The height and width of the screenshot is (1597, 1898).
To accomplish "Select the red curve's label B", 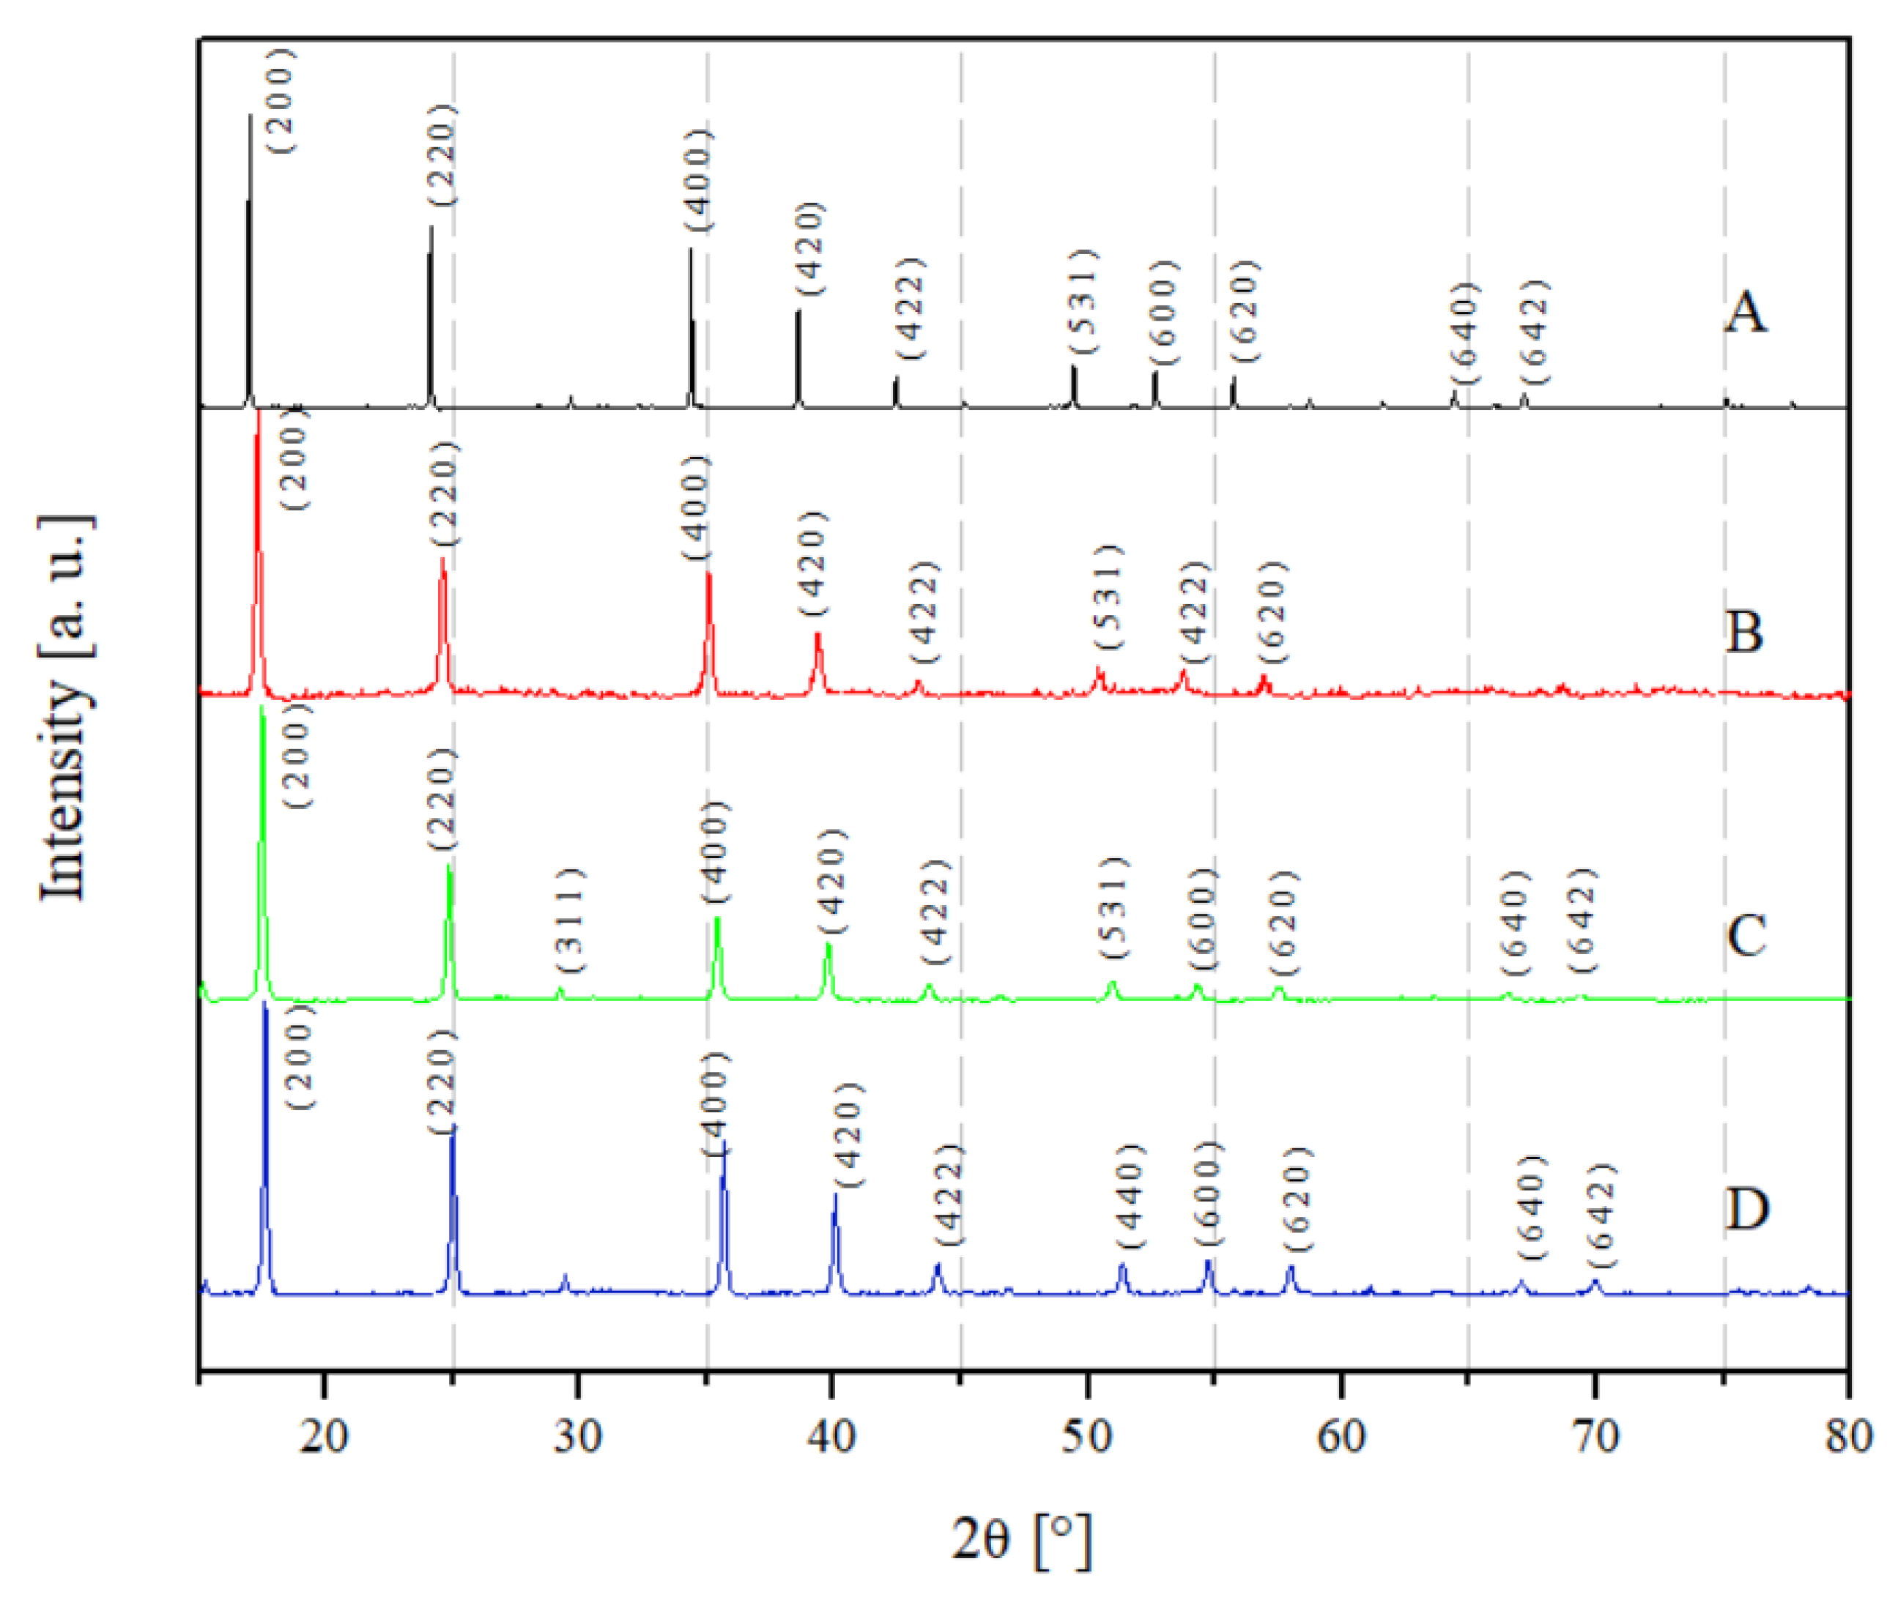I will click(1744, 631).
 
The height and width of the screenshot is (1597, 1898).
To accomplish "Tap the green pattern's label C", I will click(1745, 934).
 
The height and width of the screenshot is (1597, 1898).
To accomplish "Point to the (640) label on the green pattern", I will click(1514, 923).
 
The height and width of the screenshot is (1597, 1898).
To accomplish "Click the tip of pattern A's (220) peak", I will click(431, 227).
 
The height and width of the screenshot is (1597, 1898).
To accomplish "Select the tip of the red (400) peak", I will click(708, 574).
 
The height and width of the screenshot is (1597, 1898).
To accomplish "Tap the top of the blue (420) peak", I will click(835, 1195).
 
